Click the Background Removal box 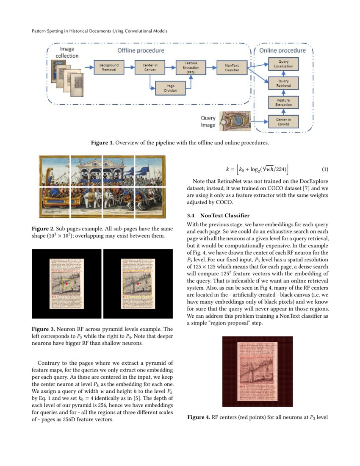(x=109, y=67)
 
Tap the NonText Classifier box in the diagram (x=232, y=67)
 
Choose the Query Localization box (x=283, y=64)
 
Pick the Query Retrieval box (x=283, y=83)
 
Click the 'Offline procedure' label (x=141, y=50)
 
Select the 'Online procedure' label (x=282, y=50)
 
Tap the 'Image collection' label (x=67, y=52)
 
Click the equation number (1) (x=325, y=169)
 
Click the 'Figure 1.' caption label (x=102, y=143)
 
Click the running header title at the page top (x=100, y=31)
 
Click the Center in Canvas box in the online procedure (x=283, y=122)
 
